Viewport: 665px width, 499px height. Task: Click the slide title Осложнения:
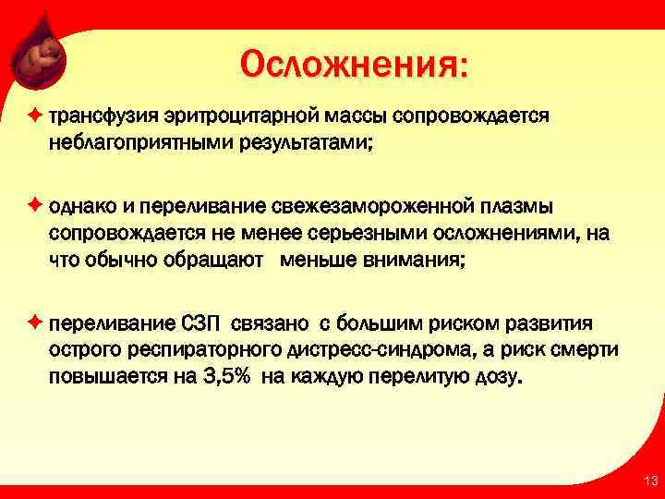pyautogui.click(x=354, y=65)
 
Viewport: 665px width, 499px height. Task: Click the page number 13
pyautogui.click(x=648, y=480)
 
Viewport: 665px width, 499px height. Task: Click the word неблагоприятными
pyautogui.click(x=129, y=144)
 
